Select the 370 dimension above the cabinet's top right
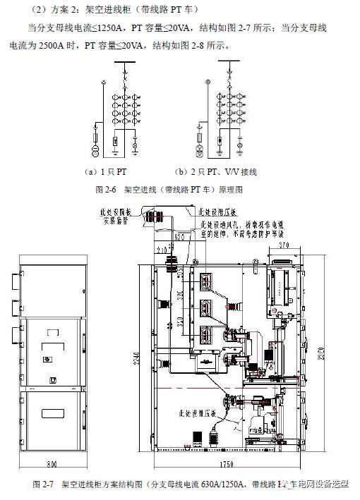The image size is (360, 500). (284, 245)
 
